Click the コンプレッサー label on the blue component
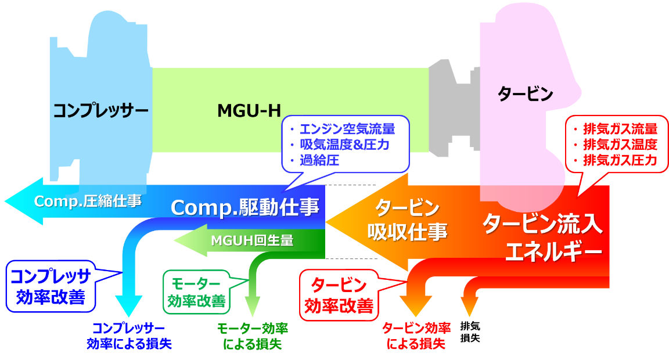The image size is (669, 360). (100, 110)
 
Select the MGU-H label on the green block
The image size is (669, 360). (249, 110)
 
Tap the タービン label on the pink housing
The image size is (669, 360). (526, 93)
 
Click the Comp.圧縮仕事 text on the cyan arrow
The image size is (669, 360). (88, 201)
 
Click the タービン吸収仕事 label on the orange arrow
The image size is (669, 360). (407, 220)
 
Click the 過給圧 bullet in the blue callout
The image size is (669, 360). (319, 159)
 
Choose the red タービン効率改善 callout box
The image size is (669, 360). (339, 296)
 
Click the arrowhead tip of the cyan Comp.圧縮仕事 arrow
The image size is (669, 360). (7, 201)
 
